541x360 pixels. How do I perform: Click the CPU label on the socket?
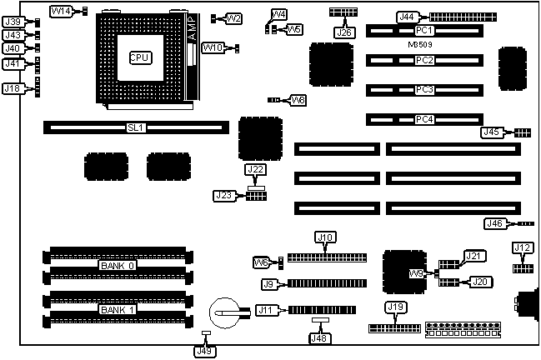click(140, 57)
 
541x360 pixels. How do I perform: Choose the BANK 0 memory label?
click(118, 266)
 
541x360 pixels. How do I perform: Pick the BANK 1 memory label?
click(118, 310)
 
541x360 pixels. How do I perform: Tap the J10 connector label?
click(325, 237)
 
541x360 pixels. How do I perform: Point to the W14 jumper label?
click(61, 11)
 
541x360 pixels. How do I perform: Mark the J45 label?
click(492, 132)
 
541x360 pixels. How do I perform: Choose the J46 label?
click(495, 222)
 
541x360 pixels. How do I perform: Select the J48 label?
click(319, 337)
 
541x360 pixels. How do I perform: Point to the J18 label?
click(13, 88)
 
